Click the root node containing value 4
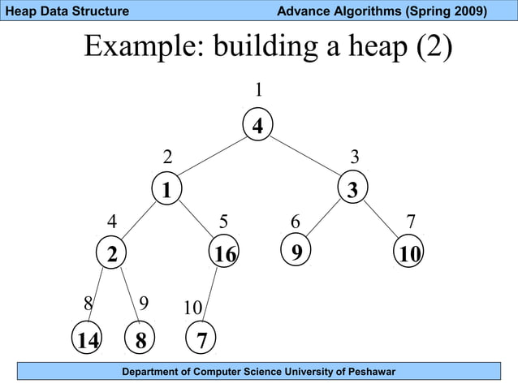click(258, 126)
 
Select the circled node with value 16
click(223, 254)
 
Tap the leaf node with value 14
click(87, 340)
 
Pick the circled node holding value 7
click(201, 340)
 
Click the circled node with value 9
click(296, 251)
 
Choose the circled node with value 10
click(409, 254)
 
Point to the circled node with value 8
click(141, 340)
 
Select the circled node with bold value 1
click(166, 190)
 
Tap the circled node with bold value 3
click(352, 190)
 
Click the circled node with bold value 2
click(110, 254)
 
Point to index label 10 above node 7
click(192, 308)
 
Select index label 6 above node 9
click(296, 222)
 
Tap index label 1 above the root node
click(258, 88)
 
